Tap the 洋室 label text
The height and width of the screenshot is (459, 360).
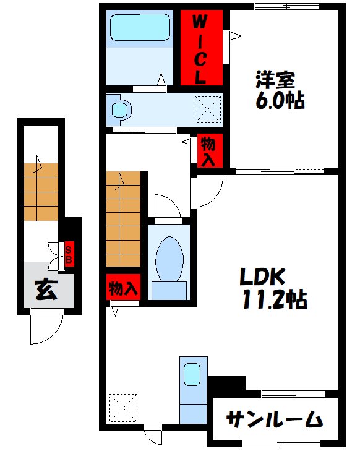(x=276, y=79)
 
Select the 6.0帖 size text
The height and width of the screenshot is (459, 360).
(x=280, y=100)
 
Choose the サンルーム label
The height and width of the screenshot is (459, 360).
(x=274, y=419)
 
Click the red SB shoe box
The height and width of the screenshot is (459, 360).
(x=69, y=254)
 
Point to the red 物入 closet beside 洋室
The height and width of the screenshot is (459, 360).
(x=208, y=152)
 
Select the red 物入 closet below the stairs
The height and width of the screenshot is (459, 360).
(x=122, y=288)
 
